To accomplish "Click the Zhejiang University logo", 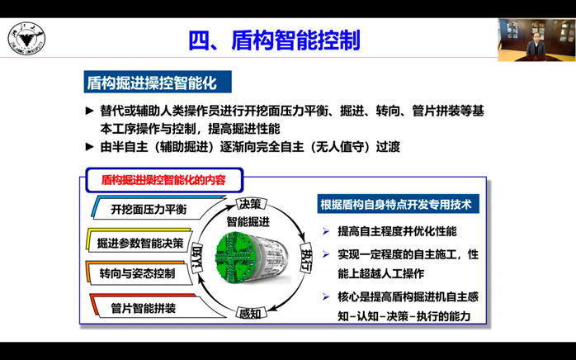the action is (x=26, y=39).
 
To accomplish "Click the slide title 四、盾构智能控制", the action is (x=274, y=40).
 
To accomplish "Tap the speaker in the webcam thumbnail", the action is (x=536, y=45).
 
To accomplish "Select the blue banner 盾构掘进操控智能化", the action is (x=158, y=82).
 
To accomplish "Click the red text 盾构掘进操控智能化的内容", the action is (x=163, y=180).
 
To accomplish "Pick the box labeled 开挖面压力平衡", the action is (x=149, y=209).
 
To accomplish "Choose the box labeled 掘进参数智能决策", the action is (x=140, y=242).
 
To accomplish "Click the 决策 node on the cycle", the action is (x=251, y=204).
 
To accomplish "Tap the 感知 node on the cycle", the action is (x=251, y=313).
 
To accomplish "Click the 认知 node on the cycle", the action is (x=197, y=258).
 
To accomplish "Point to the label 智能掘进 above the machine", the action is (x=248, y=222).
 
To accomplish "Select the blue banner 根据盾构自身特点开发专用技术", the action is (x=399, y=204).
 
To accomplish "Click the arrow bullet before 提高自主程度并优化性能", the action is (x=326, y=231).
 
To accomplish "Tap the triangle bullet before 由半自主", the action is (x=90, y=147).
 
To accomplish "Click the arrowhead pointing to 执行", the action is (x=301, y=235).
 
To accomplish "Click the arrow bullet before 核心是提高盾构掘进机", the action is (x=326, y=296).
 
